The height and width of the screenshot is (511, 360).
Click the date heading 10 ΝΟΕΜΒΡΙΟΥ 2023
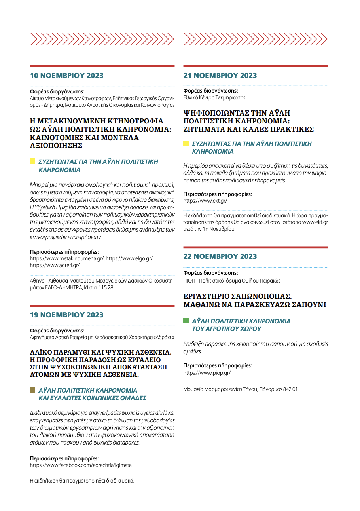click(x=67, y=76)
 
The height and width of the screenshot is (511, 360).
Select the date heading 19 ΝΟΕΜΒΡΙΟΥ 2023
click(x=67, y=315)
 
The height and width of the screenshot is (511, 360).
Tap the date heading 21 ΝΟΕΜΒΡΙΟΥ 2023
click(x=220, y=76)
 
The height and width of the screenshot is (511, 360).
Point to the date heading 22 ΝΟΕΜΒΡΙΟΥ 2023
click(x=220, y=256)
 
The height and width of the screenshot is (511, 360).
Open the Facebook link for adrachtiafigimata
click(x=81, y=465)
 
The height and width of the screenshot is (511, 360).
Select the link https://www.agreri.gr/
click(x=55, y=265)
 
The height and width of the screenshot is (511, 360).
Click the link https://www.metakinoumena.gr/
click(x=67, y=258)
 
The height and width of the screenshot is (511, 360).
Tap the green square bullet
click(x=186, y=321)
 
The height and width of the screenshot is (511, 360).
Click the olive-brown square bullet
click(x=33, y=390)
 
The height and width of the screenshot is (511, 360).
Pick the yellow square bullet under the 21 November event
click(x=186, y=143)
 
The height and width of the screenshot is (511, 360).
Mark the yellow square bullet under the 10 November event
click(x=33, y=161)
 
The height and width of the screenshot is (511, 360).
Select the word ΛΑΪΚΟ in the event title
click(x=42, y=352)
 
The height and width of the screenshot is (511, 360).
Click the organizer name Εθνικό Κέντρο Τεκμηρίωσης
click(x=214, y=97)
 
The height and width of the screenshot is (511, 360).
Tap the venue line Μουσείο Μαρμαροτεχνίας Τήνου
click(x=220, y=389)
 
